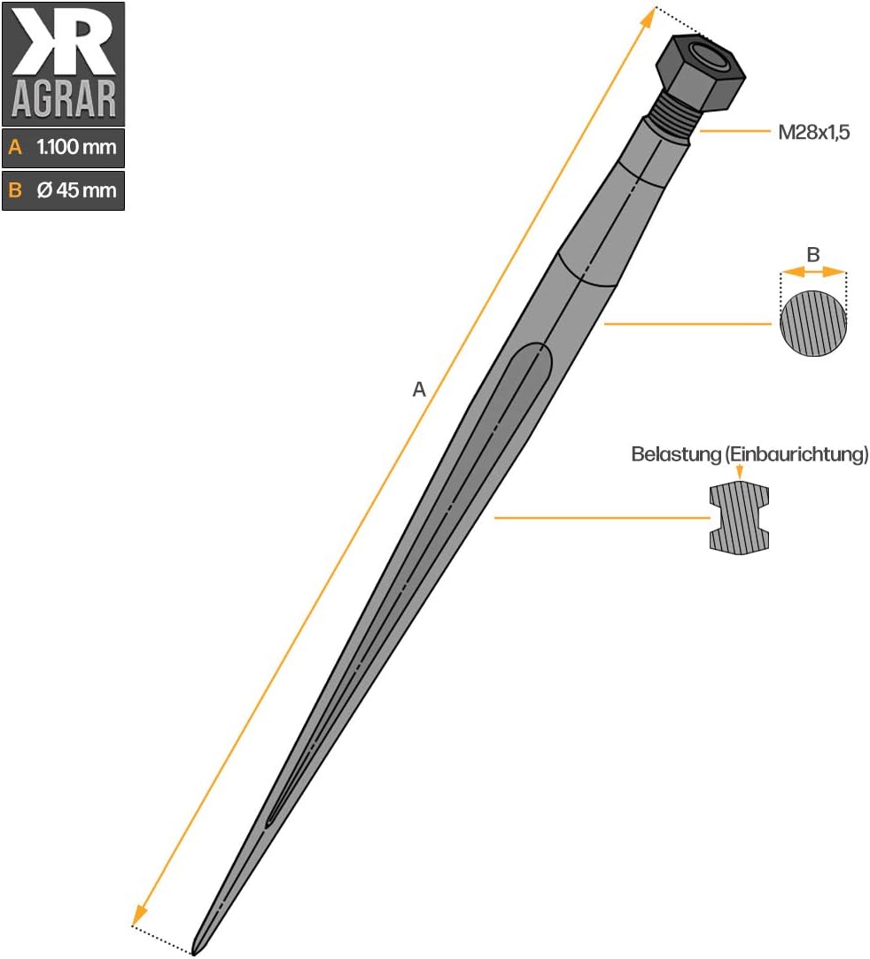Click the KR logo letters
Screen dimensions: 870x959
pos(65,41)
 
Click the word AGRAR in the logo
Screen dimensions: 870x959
pos(64,99)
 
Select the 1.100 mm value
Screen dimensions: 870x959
pos(76,147)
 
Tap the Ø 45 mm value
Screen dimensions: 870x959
pos(76,190)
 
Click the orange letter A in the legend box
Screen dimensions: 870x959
pos(15,147)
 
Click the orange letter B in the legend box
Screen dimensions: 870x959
pos(15,190)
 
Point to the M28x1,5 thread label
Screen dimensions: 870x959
pos(813,132)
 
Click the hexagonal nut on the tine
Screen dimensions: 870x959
pos(701,72)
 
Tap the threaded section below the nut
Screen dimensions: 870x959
pos(672,122)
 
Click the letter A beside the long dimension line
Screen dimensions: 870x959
pos(418,389)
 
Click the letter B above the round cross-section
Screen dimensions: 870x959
pos(813,254)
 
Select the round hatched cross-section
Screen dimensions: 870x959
pos(813,323)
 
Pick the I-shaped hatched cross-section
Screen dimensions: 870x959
pos(739,518)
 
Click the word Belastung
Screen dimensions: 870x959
pos(677,454)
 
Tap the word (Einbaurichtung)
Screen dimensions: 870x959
pos(796,454)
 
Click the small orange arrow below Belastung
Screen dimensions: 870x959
pos(740,472)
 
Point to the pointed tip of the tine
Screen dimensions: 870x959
pos(193,952)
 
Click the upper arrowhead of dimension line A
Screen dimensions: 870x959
pos(648,19)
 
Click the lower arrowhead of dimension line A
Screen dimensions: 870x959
pos(139,915)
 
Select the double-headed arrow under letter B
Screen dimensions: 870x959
pos(813,272)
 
